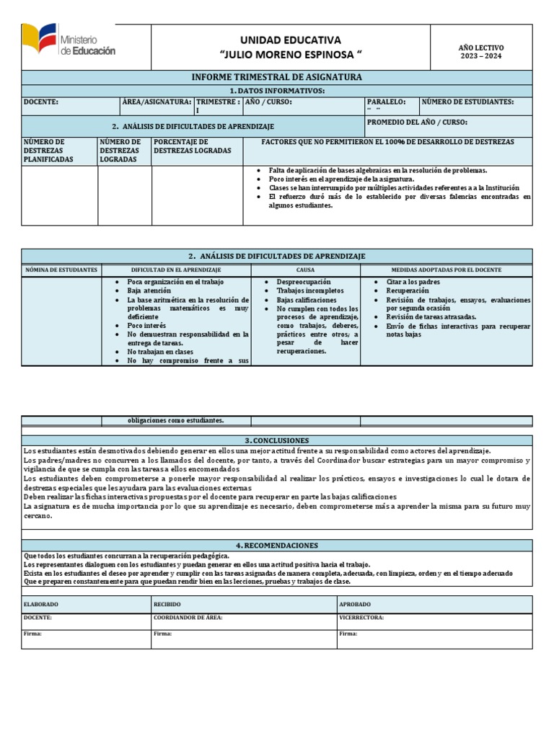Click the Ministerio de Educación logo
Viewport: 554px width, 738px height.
69,42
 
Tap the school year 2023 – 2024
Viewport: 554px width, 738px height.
481,56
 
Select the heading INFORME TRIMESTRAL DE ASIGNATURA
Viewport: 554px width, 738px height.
277,77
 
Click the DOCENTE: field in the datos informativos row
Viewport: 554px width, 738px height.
41,102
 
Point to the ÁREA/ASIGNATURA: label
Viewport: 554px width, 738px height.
157,102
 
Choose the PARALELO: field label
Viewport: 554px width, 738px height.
386,102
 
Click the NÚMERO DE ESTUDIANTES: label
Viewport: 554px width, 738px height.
467,102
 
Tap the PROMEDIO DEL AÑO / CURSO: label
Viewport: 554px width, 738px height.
417,123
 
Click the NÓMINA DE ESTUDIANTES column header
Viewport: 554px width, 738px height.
61,270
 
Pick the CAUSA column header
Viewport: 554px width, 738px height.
306,270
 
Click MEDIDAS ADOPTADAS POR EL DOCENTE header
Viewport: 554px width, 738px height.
447,270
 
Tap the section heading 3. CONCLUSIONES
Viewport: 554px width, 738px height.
277,440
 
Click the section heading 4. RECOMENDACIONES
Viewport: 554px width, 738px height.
277,546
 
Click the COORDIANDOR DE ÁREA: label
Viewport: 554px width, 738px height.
188,618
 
